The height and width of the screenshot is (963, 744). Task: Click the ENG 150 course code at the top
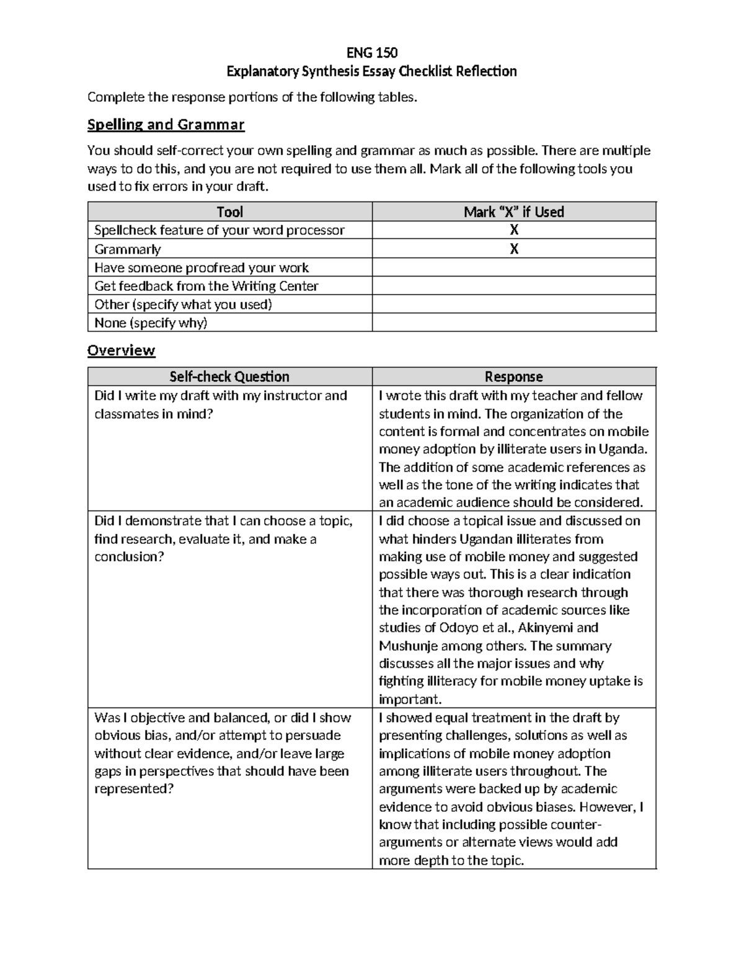coord(371,52)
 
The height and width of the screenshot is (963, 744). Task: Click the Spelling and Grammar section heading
coord(166,125)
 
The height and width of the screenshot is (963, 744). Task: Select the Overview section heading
coord(121,350)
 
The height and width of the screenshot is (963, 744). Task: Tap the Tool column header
coord(229,212)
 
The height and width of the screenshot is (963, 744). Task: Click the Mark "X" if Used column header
coord(513,212)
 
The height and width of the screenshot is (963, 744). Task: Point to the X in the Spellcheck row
coord(513,230)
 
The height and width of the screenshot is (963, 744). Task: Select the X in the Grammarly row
coord(513,249)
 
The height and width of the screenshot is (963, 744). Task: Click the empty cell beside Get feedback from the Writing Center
coord(513,286)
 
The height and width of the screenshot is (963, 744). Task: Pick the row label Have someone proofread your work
coord(201,268)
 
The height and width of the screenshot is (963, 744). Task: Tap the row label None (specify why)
coord(151,322)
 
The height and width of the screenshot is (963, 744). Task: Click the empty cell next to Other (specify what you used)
coord(513,304)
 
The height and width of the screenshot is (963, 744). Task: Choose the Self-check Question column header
coord(229,376)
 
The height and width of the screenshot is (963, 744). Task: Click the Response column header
coord(513,376)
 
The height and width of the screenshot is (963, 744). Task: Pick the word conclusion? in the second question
coord(129,557)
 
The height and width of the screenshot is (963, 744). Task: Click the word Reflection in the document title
coord(486,71)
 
